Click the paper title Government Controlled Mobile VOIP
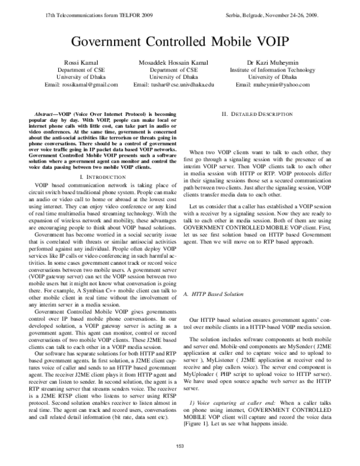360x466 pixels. click(x=180, y=43)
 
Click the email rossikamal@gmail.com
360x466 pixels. click(x=81, y=85)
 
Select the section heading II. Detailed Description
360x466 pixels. click(x=257, y=113)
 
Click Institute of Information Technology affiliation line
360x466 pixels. click(x=272, y=70)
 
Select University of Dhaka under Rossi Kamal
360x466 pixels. click(x=81, y=77)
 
